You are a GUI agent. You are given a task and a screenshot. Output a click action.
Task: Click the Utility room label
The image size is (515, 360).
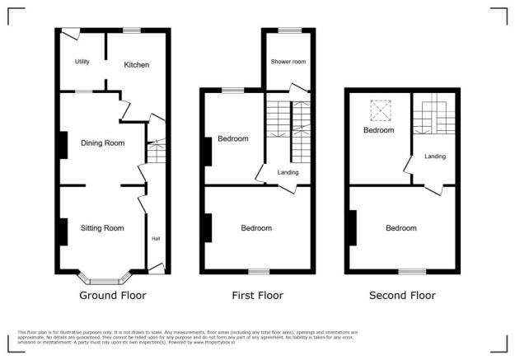coord(82,62)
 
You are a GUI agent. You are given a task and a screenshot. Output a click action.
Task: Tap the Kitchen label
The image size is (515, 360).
coord(138,65)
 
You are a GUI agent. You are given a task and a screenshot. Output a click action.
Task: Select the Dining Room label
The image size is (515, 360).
coord(102,143)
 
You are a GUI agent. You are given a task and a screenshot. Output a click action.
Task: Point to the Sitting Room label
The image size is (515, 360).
coord(102,228)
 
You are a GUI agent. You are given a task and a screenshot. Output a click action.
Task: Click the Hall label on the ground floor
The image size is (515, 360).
coord(155,239)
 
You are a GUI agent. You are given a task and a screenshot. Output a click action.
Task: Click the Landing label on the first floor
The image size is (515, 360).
coord(288,172)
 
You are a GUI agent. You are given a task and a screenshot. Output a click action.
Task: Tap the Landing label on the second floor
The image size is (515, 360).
coord(436,156)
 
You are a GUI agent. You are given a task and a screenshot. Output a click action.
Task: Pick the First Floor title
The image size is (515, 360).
coord(258,295)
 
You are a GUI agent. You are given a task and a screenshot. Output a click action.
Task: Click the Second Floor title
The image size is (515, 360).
coord(402,295)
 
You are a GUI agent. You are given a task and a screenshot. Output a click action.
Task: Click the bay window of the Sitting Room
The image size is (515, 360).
coord(102,273)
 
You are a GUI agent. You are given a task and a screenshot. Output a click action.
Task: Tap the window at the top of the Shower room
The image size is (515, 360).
coord(288,30)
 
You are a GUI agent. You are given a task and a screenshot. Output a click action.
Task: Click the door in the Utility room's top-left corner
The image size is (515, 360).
coord(71,35)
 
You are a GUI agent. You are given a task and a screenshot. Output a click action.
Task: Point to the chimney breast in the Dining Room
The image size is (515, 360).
coord(63,145)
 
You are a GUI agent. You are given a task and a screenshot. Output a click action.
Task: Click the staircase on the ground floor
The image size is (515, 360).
coord(157,152)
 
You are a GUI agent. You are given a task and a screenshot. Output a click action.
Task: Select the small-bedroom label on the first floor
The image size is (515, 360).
coord(232,139)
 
